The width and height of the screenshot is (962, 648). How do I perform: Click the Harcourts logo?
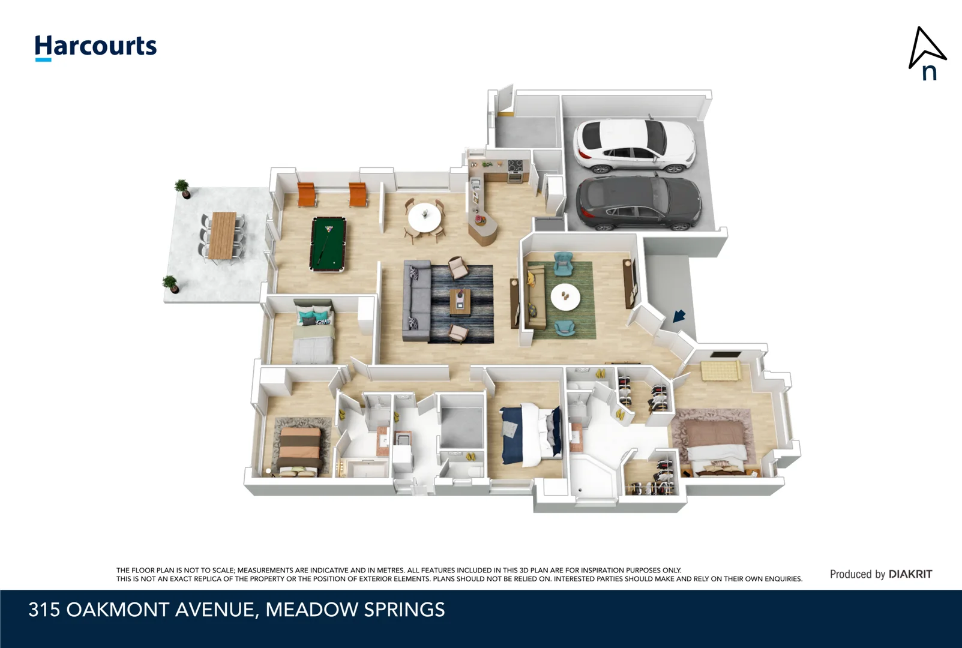[96, 47]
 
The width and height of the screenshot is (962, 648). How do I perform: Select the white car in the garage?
[634, 145]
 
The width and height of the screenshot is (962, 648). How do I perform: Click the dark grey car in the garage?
[638, 203]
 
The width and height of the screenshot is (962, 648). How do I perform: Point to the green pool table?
[328, 244]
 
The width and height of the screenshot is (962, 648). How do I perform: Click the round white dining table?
[424, 217]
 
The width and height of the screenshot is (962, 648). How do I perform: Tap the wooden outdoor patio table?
[222, 235]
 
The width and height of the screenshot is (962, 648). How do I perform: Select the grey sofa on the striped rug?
[416, 301]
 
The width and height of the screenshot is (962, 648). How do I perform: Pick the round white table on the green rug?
[565, 297]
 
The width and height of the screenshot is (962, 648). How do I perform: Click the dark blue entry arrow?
[679, 316]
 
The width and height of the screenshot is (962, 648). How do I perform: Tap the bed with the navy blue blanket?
[532, 434]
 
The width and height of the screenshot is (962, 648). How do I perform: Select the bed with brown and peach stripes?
[299, 452]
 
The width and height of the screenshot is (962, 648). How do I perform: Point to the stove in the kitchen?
[516, 170]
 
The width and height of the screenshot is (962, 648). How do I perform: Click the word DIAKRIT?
[910, 574]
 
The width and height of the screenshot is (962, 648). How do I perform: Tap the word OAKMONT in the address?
[117, 610]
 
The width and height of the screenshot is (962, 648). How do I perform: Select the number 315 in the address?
[44, 610]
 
